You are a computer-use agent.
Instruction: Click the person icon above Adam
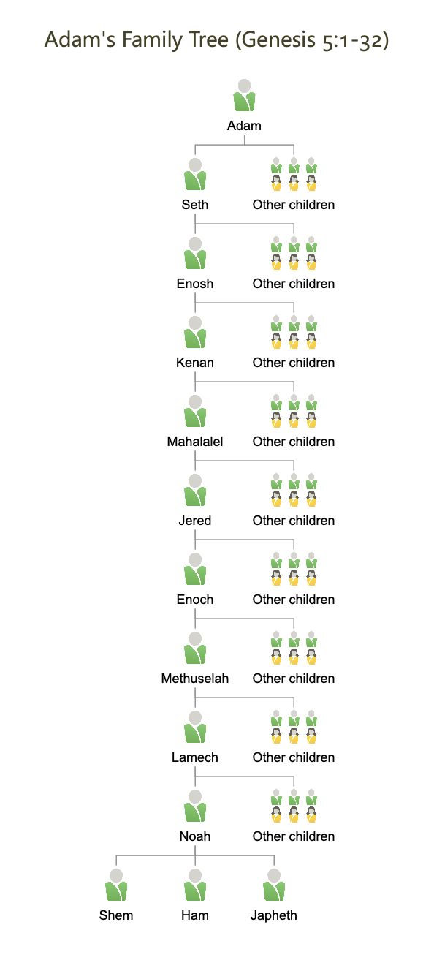pos(244,95)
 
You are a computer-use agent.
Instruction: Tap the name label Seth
pos(195,205)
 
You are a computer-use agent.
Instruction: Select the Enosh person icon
pos(195,253)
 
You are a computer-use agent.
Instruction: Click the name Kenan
pos(195,363)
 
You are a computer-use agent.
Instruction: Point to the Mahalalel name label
pos(195,442)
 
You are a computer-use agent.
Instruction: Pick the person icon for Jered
pos(195,490)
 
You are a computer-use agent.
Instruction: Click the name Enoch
pos(195,600)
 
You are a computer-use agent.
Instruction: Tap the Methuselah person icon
pos(195,648)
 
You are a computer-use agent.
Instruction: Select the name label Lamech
pos(195,757)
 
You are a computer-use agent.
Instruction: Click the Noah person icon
pos(195,806)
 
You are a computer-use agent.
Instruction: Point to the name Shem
pos(116,915)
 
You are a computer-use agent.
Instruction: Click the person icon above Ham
pos(195,885)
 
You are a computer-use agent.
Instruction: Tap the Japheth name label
pos(274,915)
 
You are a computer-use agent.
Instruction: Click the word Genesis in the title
pos(277,40)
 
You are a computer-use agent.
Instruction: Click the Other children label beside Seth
pos(294,205)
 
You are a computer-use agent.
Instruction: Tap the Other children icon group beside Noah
pos(294,806)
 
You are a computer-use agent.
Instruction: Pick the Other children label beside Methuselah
pos(294,679)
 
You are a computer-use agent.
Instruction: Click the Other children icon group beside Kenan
pos(294,332)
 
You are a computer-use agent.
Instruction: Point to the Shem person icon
pos(116,885)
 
